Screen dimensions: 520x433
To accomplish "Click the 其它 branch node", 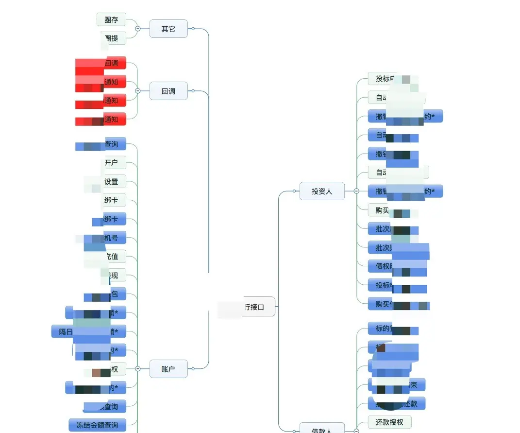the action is [x=168, y=29].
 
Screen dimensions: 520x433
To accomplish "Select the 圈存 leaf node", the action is [x=111, y=20].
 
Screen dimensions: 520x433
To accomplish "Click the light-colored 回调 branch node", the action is [x=168, y=91].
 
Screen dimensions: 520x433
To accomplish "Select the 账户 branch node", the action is [x=168, y=369].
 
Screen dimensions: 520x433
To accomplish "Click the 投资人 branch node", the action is [x=322, y=191].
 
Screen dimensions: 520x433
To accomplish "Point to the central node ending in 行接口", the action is [x=254, y=307].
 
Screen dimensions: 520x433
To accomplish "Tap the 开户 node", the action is [x=112, y=162].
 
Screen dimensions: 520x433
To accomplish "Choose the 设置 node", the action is [x=112, y=182].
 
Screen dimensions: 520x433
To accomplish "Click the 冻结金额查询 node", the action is [x=97, y=425].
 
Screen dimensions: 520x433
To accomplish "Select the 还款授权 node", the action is [x=389, y=422].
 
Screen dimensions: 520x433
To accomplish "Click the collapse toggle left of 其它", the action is [x=137, y=29].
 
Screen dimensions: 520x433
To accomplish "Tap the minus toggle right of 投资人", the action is [x=356, y=191].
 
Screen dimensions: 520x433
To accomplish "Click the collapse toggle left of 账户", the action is [x=137, y=369].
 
